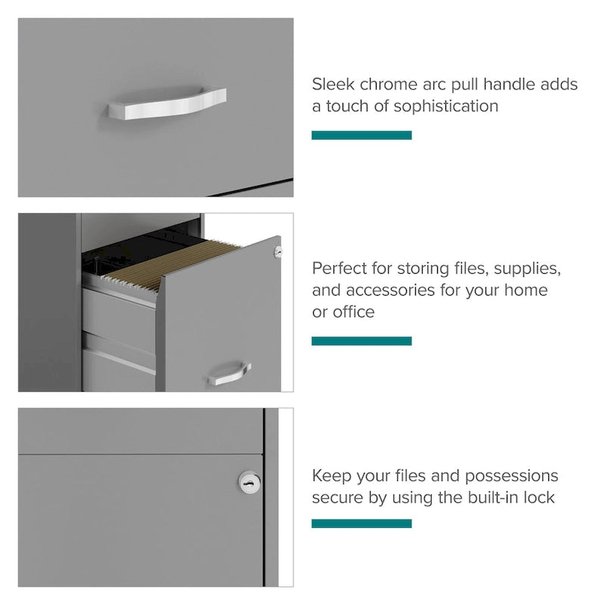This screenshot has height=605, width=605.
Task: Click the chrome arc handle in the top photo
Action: tap(166, 104)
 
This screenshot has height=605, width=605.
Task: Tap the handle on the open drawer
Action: tap(230, 373)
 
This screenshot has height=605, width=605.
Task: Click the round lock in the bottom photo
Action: tap(249, 482)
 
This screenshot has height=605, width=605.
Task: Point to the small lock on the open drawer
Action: tap(278, 252)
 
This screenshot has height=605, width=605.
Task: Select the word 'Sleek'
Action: tap(333, 84)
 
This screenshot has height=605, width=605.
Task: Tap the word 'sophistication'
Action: tap(445, 106)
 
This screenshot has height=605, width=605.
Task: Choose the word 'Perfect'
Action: tap(340, 268)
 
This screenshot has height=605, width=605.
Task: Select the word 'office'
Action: tap(354, 312)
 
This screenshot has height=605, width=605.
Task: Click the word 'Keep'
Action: tap(331, 476)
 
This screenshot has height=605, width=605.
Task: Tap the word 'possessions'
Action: tap(511, 476)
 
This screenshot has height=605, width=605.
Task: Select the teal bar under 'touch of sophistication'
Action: tap(361, 135)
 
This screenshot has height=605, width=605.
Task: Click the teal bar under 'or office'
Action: tap(361, 341)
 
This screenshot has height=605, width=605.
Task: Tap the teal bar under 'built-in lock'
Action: tap(361, 523)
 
